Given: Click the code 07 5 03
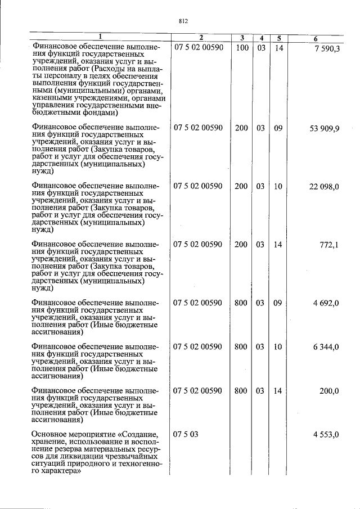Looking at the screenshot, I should [187, 435].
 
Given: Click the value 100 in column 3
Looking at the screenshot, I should [242, 48].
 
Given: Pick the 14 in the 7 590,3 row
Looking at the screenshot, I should [278, 48].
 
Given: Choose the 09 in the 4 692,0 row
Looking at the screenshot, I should [278, 303].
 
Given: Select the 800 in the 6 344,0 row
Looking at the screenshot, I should [241, 347].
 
